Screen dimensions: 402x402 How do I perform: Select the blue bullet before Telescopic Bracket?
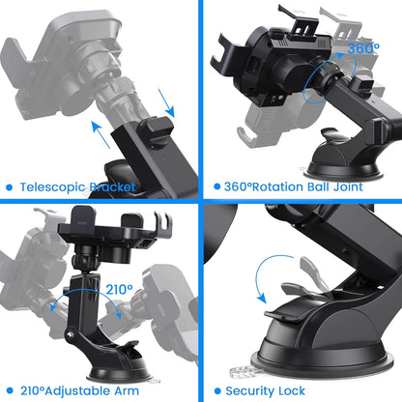click(9, 187)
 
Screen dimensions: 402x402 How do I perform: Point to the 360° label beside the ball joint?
click(362, 47)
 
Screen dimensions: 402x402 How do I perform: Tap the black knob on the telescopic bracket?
click(156, 128)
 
